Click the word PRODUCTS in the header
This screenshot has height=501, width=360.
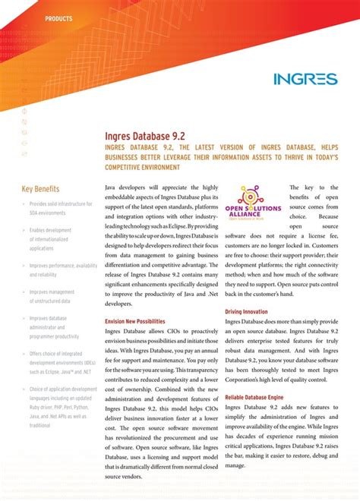pyautogui.click(x=59, y=17)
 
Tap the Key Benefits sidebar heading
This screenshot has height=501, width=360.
pyautogui.click(x=41, y=188)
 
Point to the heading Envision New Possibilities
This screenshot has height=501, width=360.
pyautogui.click(x=134, y=322)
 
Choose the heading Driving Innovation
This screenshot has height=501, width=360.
pyautogui.click(x=246, y=312)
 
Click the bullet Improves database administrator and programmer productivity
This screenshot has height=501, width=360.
pyautogui.click(x=54, y=327)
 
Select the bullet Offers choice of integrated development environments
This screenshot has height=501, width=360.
pyautogui.click(x=61, y=363)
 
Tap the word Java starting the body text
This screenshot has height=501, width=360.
pyautogui.click(x=112, y=187)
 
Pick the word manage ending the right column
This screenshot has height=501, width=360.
pyautogui.click(x=235, y=465)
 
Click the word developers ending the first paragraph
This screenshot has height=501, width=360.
pyautogui.click(x=121, y=302)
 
